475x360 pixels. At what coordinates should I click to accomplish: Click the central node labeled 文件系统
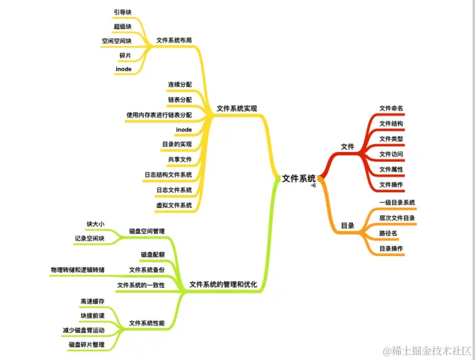[x=299, y=179]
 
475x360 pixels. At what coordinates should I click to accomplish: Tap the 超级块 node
[x=122, y=26]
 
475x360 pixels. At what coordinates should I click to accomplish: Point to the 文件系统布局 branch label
[x=174, y=40]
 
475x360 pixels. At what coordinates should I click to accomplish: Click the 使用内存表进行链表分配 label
[x=159, y=115]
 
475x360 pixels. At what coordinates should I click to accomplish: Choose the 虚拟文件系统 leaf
[x=174, y=204]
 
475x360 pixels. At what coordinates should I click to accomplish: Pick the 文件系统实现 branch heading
[x=236, y=109]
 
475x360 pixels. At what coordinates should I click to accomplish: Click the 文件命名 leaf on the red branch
[x=391, y=108]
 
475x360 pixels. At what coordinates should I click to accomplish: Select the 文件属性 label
[x=391, y=169]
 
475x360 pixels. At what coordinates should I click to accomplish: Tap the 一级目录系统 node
[x=396, y=202]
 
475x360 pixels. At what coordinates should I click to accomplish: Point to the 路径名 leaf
[x=388, y=233]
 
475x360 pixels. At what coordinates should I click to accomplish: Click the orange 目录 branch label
[x=347, y=225]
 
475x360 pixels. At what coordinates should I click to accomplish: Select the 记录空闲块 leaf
[x=90, y=238]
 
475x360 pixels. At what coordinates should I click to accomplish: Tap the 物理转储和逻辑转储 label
[x=77, y=270]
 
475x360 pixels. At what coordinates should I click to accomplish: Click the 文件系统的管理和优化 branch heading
[x=223, y=284]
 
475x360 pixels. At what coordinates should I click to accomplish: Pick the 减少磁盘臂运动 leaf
[x=83, y=330]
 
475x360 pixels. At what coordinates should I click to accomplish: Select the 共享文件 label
[x=180, y=160]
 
